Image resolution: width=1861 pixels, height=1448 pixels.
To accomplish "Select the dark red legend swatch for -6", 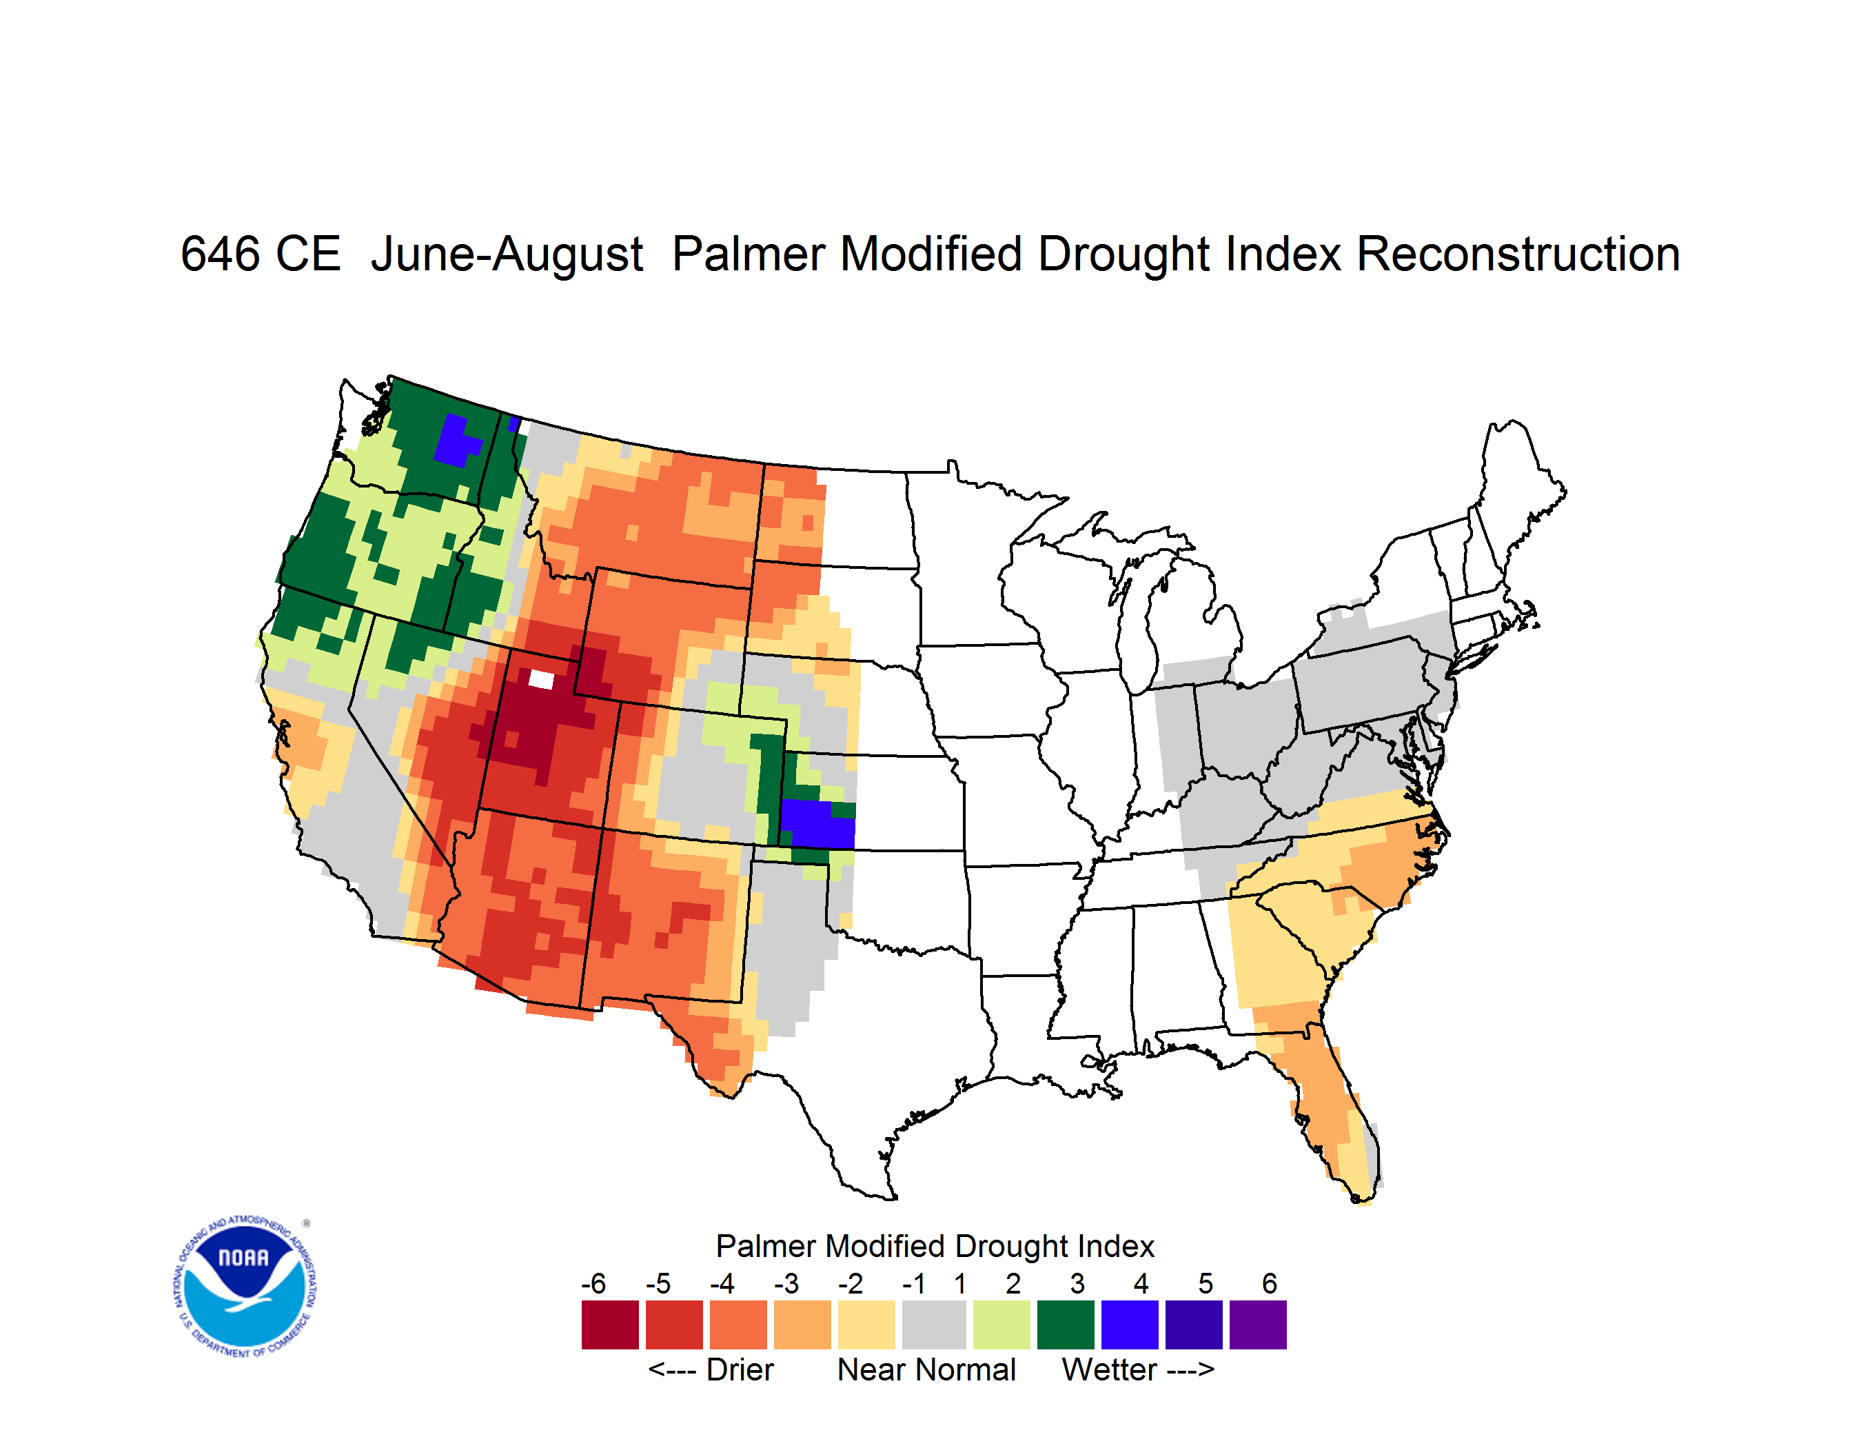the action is [610, 1325].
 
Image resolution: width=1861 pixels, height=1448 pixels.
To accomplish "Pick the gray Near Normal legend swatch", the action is [934, 1325].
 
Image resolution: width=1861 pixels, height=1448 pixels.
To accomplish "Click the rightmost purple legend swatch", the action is [1258, 1325].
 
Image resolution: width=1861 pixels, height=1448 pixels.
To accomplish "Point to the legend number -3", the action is [786, 1283].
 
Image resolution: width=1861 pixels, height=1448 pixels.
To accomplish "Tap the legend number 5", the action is [1206, 1283].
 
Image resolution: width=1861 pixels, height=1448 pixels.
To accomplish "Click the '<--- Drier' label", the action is [711, 1369].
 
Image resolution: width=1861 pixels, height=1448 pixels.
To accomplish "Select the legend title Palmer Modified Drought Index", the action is [935, 1246].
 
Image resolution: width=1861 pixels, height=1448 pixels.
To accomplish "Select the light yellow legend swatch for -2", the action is [866, 1325].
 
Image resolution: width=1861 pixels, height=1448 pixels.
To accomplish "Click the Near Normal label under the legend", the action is [926, 1369].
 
